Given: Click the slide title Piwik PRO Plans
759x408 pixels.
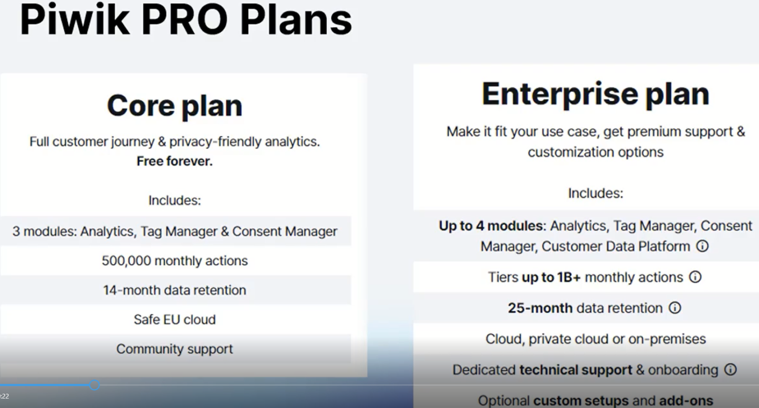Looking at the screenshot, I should click(x=185, y=20).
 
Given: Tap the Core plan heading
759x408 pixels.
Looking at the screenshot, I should click(x=175, y=105).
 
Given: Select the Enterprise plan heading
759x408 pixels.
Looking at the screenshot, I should click(x=595, y=93).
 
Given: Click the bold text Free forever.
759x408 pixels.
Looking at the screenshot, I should click(x=175, y=161).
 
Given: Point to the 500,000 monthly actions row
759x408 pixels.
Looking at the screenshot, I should click(x=175, y=260).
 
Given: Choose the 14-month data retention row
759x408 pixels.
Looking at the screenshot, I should click(x=175, y=290).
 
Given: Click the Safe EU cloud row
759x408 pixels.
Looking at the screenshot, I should click(x=175, y=319).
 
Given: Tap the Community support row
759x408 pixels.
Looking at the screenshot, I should click(x=175, y=349).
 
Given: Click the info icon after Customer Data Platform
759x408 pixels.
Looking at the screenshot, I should click(x=702, y=246).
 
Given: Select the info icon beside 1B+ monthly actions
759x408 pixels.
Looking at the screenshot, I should click(x=695, y=277).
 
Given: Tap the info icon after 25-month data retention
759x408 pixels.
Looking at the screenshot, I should click(x=675, y=308).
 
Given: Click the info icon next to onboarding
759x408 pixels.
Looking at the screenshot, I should click(x=731, y=370).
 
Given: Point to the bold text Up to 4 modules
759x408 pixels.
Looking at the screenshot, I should click(x=491, y=226).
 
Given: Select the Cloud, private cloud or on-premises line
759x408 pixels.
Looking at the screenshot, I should click(x=595, y=339).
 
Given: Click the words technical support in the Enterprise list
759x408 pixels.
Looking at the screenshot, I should click(x=575, y=370).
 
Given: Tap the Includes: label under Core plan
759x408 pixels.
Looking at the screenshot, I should click(x=175, y=200).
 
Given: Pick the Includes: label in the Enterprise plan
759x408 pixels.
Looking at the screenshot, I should click(x=595, y=193).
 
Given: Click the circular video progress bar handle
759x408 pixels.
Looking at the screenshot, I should click(x=94, y=385).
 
